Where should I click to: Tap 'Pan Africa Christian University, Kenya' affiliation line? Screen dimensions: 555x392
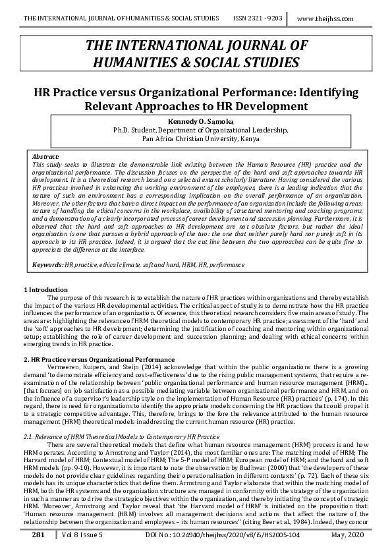click(x=196, y=139)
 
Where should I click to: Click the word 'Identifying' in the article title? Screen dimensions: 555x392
click(x=319, y=92)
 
